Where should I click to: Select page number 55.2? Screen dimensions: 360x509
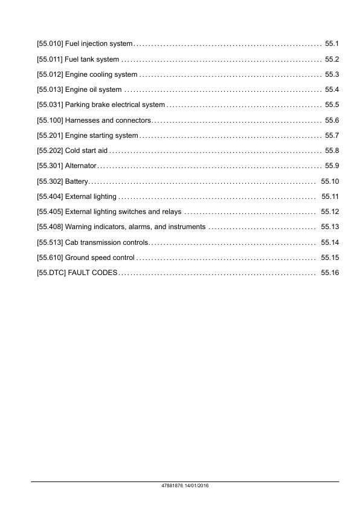[x=332, y=59]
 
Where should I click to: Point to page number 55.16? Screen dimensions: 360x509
[x=330, y=273]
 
